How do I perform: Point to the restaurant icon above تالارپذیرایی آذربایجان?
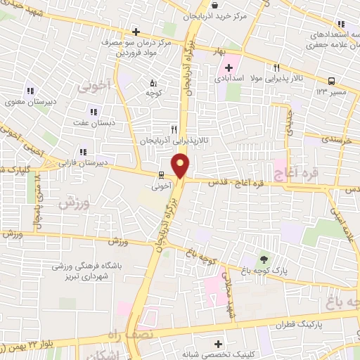pyautogui.click(x=174, y=129)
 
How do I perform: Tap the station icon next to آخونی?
pyautogui.click(x=162, y=174)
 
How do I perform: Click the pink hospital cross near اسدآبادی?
pyautogui.click(x=228, y=69)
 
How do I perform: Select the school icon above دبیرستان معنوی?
pyautogui.click(x=30, y=90)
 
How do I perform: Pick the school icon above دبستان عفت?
pyautogui.click(x=92, y=111)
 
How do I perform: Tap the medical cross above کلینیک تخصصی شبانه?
pyautogui.click(x=218, y=344)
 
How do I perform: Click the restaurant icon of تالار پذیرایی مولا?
pyautogui.click(x=277, y=68)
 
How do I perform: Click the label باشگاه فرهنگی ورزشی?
pyautogui.click(x=88, y=267)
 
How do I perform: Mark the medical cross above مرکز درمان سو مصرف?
pyautogui.click(x=136, y=32)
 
